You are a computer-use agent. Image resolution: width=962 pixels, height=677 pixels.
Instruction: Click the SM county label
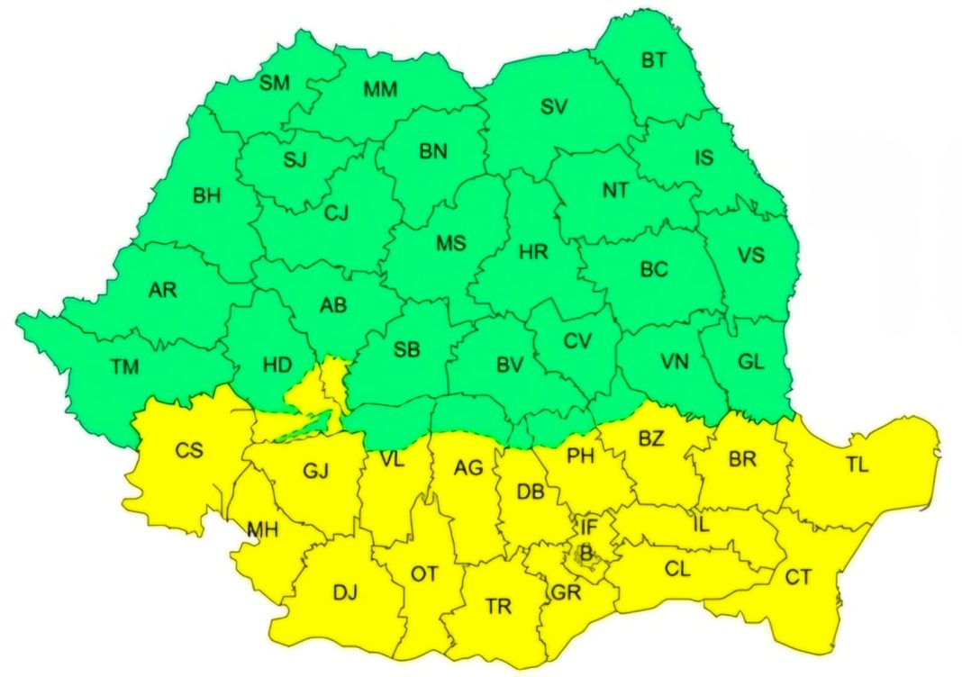tap(275, 84)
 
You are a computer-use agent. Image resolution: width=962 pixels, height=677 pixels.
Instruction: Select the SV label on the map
tap(554, 107)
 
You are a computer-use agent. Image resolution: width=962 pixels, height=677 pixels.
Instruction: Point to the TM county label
tap(125, 366)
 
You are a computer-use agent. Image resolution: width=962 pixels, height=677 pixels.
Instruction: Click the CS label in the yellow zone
tap(189, 449)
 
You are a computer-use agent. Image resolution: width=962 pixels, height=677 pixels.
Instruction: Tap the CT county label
tap(798, 577)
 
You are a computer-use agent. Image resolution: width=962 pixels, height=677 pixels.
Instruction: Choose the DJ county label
tap(345, 592)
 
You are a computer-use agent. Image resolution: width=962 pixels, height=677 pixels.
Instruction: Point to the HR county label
tap(533, 253)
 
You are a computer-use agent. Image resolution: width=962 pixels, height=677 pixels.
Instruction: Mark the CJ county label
tap(336, 212)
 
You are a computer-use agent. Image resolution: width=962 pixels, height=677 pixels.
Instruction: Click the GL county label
tap(750, 362)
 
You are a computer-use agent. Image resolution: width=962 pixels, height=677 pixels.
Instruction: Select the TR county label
tap(498, 606)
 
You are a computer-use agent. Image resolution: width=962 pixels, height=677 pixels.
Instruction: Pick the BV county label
tap(510, 366)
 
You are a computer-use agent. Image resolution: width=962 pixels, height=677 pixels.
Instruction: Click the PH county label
tap(581, 456)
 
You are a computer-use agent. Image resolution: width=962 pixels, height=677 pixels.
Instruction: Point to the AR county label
tap(163, 290)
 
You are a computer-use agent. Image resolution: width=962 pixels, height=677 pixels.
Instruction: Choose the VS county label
tap(750, 256)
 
